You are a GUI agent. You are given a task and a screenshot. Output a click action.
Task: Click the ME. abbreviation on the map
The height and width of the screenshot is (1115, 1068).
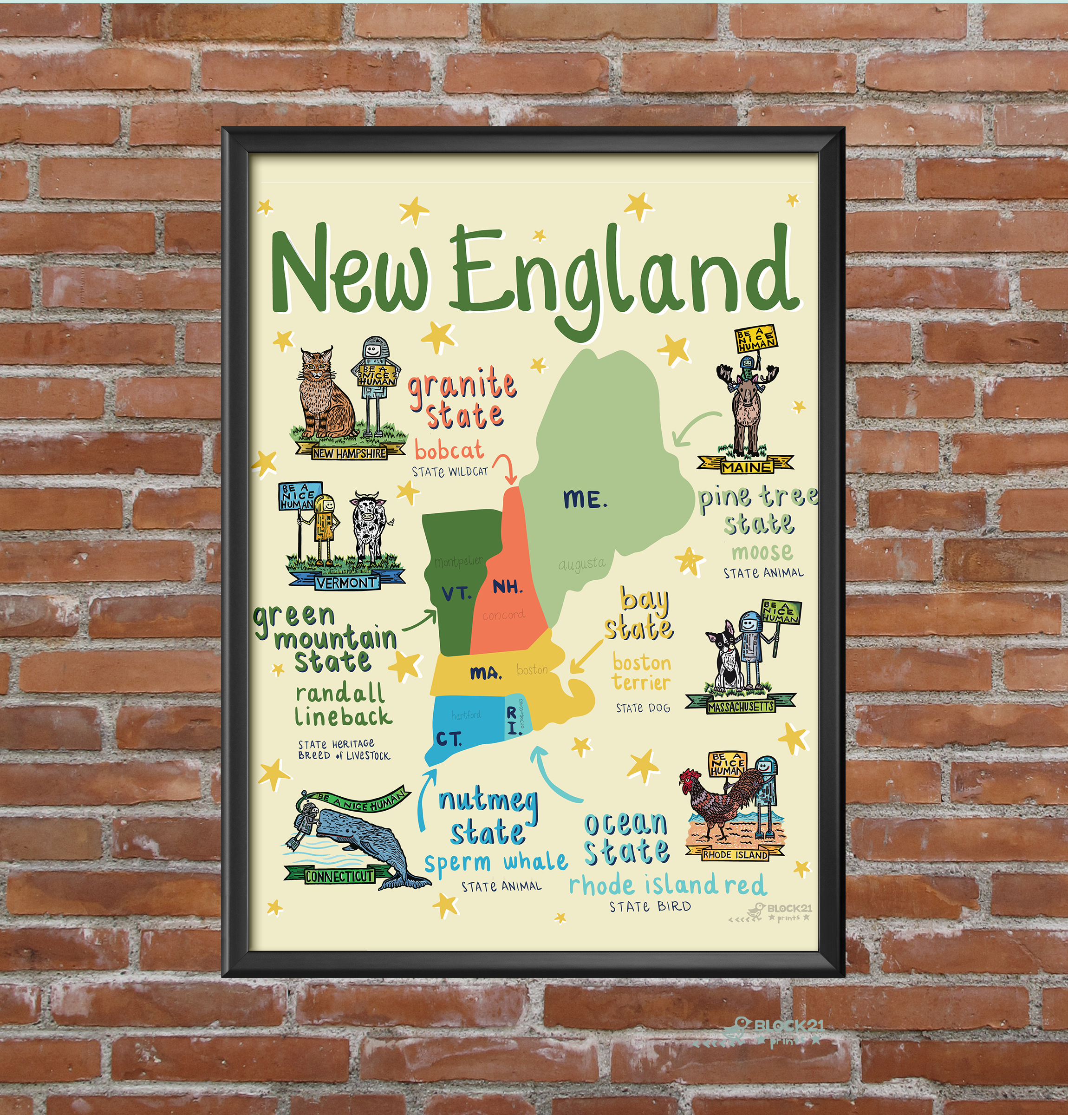(585, 499)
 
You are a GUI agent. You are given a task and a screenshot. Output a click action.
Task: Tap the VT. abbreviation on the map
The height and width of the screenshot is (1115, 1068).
(456, 594)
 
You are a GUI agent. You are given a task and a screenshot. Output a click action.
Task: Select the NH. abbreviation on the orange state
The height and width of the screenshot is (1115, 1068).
(507, 587)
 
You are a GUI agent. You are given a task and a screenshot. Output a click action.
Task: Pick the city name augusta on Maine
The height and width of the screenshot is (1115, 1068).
(582, 564)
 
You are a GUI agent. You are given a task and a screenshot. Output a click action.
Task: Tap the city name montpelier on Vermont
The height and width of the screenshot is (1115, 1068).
(458, 562)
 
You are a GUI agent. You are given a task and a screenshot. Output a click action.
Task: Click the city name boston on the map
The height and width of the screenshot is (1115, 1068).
(532, 670)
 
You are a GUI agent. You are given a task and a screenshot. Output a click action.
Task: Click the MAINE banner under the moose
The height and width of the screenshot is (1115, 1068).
(746, 467)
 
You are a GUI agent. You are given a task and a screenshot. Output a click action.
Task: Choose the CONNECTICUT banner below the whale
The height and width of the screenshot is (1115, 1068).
(339, 876)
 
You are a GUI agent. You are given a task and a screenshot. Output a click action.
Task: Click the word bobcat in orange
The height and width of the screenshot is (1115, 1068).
(449, 450)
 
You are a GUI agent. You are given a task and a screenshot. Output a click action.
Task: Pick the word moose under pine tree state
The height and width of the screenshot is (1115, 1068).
(762, 551)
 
